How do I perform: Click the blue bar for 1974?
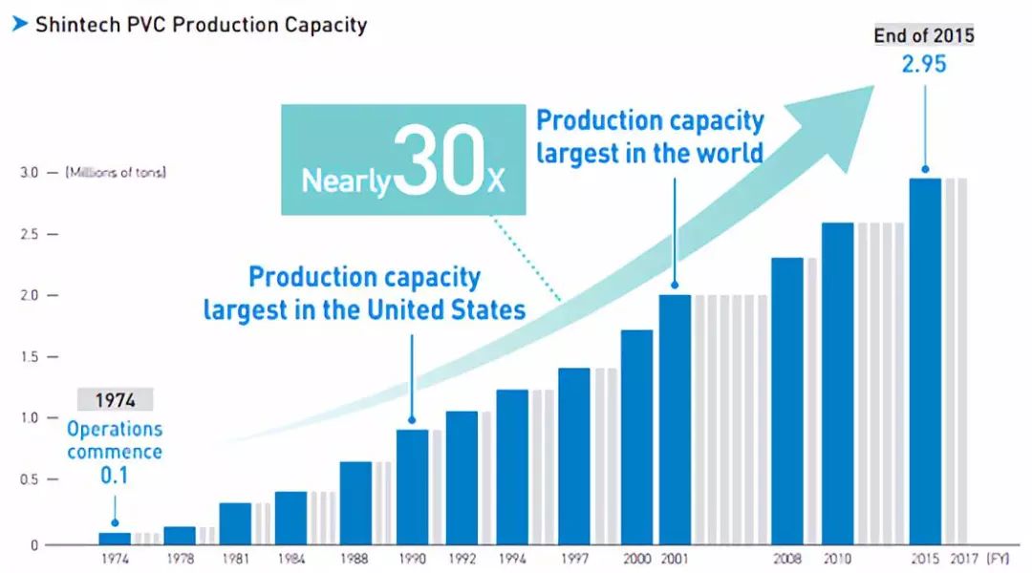115,539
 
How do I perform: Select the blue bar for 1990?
412,487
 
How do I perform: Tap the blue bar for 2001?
675,420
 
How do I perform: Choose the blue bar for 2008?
786,401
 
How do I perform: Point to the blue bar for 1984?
290,519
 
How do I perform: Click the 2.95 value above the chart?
925,66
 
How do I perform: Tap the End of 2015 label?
925,36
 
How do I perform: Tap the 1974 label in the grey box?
115,400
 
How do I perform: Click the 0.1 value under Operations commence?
115,475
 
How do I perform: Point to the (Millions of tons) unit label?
115,173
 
